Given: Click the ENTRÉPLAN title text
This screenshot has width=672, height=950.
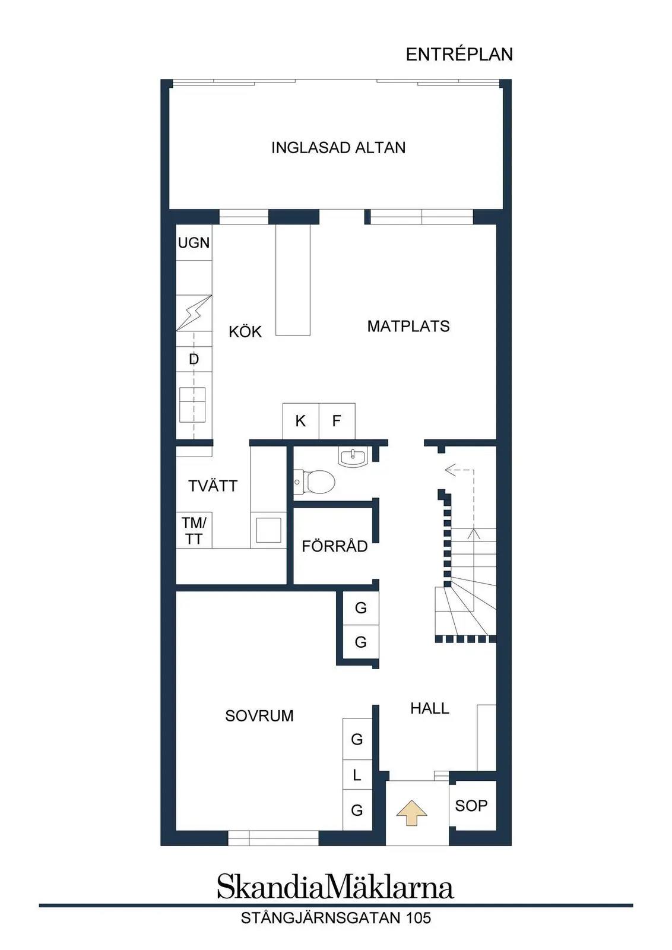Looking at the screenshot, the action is [459, 54].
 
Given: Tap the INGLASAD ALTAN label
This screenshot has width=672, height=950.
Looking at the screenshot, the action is [338, 148].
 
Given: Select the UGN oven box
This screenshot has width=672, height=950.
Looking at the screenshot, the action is [194, 243].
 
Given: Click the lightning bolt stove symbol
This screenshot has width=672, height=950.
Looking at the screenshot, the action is [194, 313].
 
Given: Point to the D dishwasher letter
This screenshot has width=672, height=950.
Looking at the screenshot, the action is [194, 359].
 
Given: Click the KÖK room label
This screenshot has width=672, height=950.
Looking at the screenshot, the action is [245, 331].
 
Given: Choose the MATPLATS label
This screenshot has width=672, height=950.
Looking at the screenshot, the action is [408, 326].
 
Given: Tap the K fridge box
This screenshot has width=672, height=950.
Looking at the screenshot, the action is [300, 421].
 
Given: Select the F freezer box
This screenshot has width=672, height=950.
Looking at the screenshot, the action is [337, 421].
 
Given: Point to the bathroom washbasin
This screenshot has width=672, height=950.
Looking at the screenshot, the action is [352, 457].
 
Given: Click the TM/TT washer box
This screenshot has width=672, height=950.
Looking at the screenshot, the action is [194, 531].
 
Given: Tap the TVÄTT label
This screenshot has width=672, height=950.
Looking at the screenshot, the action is [213, 486].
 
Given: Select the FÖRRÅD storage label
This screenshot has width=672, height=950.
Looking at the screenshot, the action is [335, 546].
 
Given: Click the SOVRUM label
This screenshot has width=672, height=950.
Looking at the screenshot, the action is [259, 716].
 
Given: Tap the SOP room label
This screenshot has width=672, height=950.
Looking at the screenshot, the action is [471, 805].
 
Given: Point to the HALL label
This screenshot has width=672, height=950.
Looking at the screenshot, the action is [429, 708].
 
